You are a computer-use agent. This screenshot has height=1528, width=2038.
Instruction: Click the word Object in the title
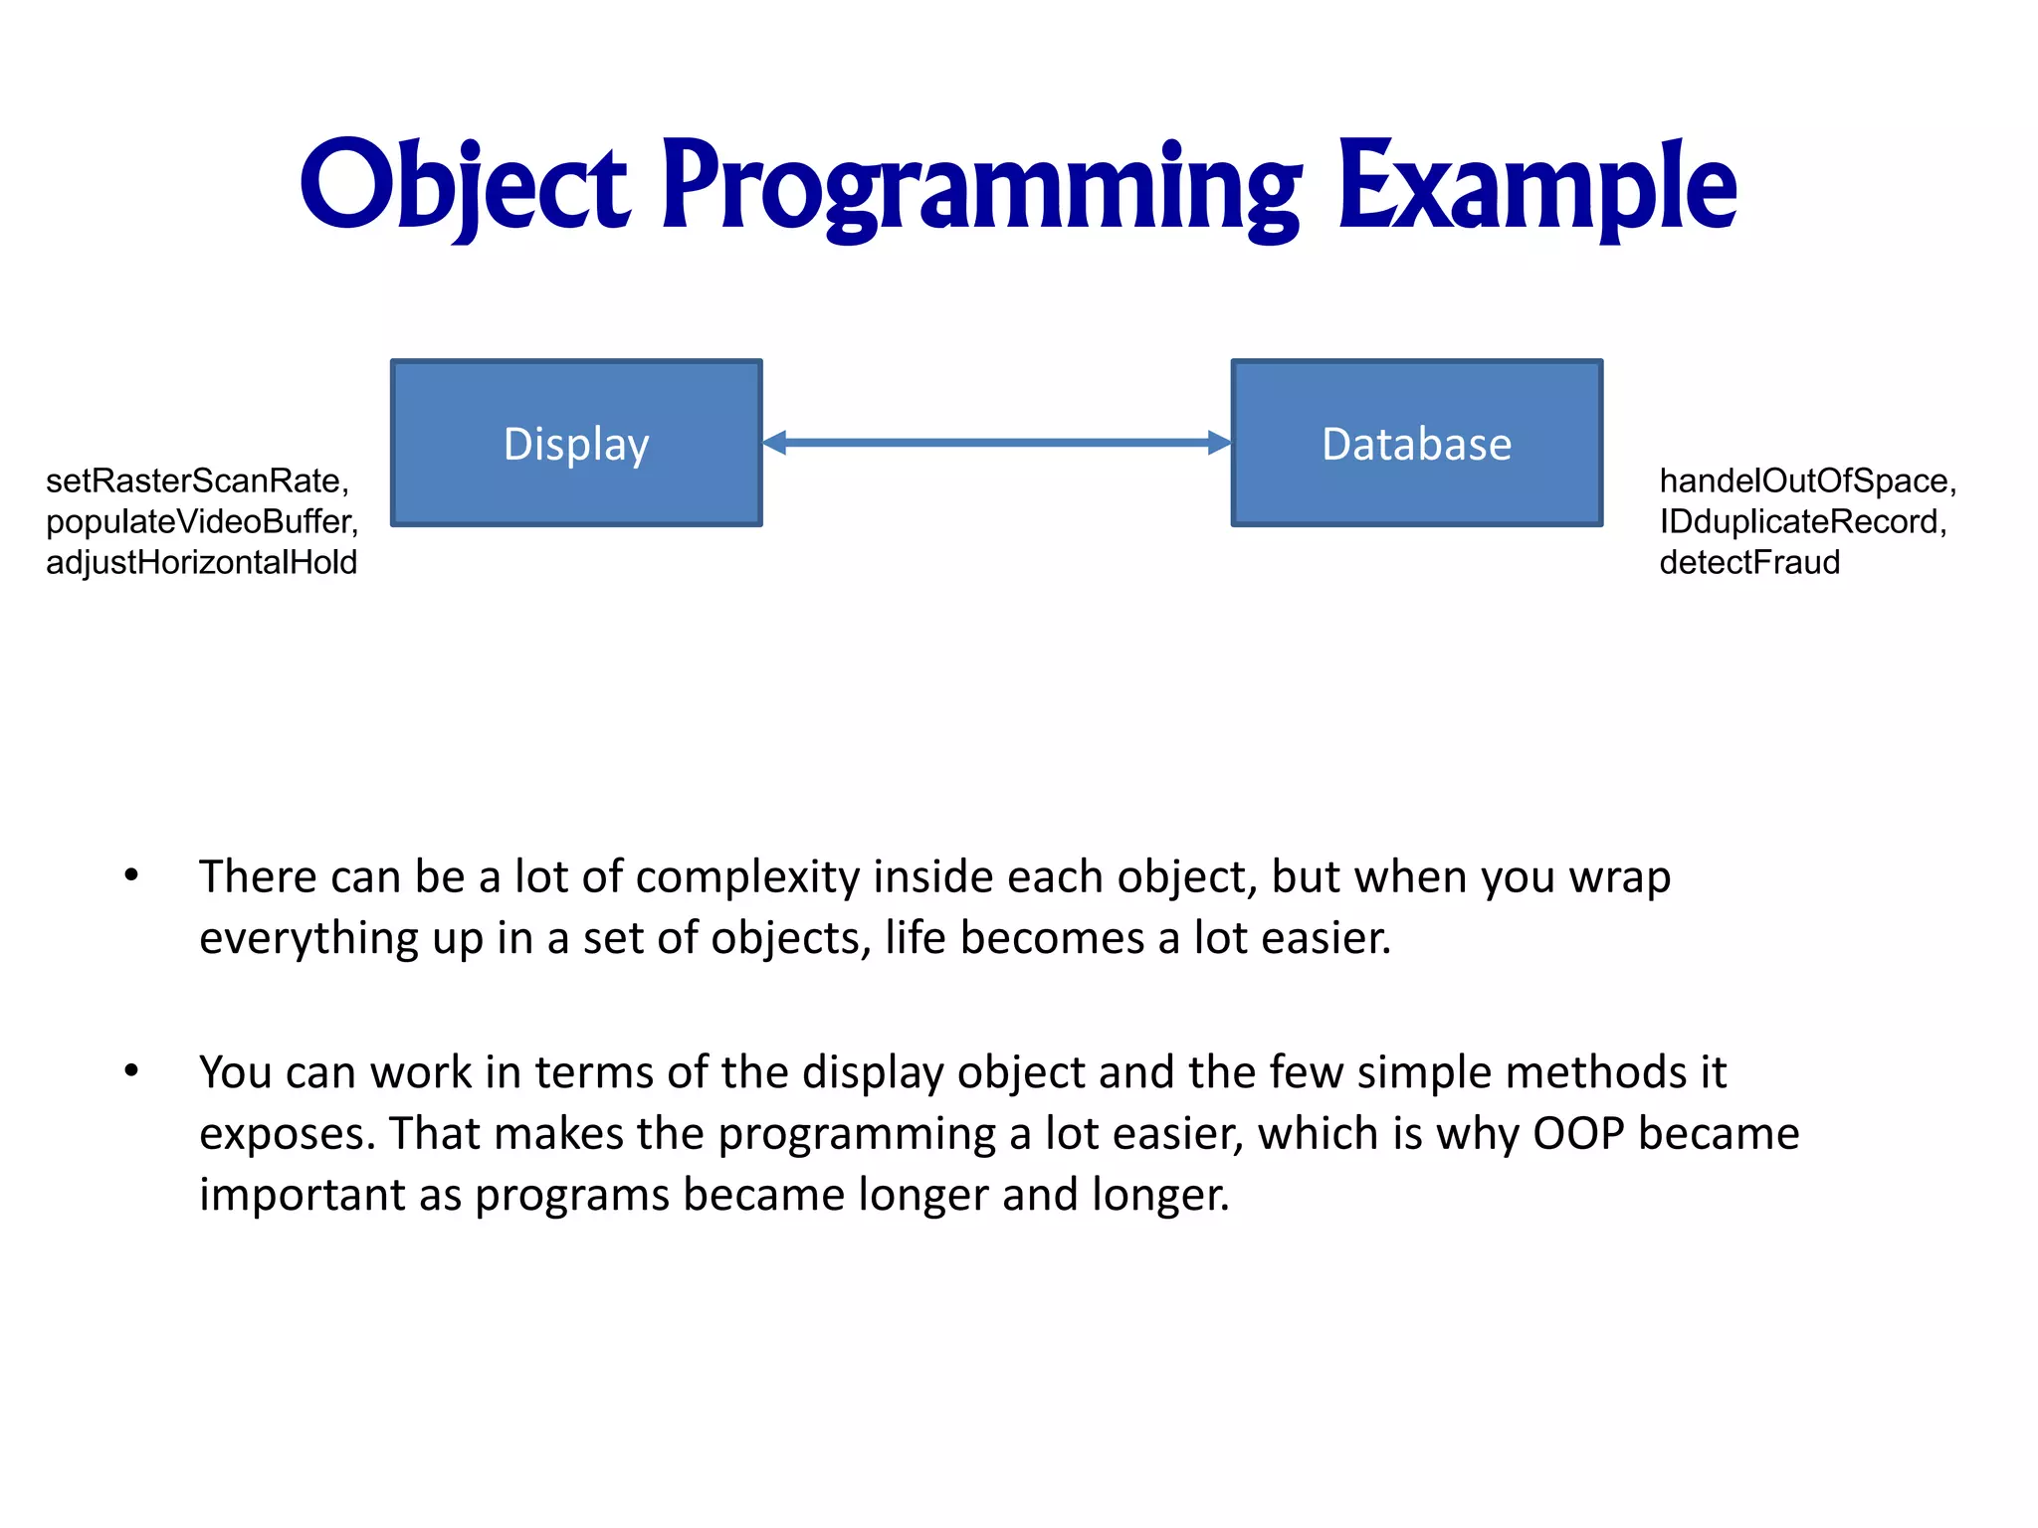pos(465,187)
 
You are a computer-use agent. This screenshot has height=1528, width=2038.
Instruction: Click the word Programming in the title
pos(980,187)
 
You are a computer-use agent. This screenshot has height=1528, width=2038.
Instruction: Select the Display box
pos(576,443)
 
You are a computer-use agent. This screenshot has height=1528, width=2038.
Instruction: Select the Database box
pos(1416,443)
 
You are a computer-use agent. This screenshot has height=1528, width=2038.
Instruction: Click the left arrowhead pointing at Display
pos(775,443)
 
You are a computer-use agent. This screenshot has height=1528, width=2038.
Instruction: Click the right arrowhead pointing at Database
pos(1218,443)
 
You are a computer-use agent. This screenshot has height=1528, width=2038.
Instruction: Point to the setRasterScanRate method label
pos(197,481)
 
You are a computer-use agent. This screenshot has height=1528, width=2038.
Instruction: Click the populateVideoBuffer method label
pos(201,522)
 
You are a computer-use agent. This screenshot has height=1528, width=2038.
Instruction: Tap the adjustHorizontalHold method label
pos(201,563)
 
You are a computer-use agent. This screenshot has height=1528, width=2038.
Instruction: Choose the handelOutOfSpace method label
pos(1806,481)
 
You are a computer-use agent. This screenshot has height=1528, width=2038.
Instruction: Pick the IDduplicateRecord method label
pos(1801,522)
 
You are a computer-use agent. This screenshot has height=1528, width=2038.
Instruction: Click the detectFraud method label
pos(1748,563)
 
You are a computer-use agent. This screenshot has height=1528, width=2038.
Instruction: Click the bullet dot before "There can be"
pos(131,875)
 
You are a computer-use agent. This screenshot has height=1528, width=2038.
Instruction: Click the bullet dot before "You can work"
pos(131,1071)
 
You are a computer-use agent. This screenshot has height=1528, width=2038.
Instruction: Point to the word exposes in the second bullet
pos(287,1136)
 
